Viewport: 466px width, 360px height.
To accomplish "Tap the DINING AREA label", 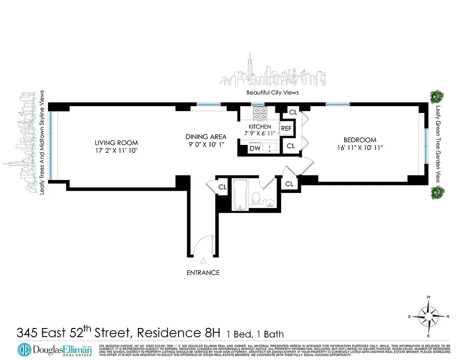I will (206, 136).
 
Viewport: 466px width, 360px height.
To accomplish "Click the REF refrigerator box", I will (287, 128).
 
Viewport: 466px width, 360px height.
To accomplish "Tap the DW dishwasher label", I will (255, 148).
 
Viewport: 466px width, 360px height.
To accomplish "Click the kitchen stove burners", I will (260, 114).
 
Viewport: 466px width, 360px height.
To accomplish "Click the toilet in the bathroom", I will (255, 197).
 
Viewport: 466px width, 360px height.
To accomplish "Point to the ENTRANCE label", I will (203, 273).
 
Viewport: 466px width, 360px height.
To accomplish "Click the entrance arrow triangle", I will (203, 260).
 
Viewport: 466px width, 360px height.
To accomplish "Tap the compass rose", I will (428, 316).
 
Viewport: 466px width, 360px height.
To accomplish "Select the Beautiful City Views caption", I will (273, 92).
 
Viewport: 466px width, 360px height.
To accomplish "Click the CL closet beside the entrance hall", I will (222, 187).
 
